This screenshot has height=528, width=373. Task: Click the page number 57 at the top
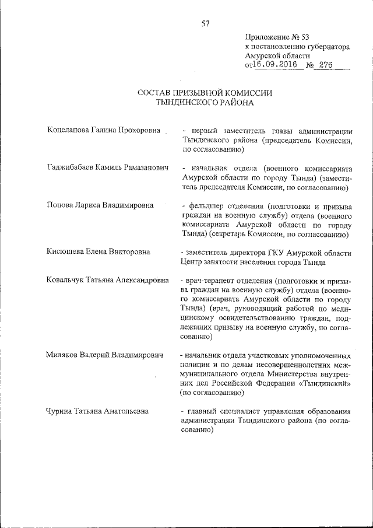pyautogui.click(x=205, y=24)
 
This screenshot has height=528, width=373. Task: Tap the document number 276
pyautogui.click(x=325, y=65)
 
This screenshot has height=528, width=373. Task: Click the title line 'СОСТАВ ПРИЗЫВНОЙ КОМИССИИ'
pyautogui.click(x=205, y=93)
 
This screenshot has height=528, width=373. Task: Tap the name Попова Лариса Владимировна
pyautogui.click(x=100, y=205)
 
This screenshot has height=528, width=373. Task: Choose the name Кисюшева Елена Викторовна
pyautogui.click(x=98, y=252)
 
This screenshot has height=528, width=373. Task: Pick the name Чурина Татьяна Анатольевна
pyautogui.click(x=97, y=411)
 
